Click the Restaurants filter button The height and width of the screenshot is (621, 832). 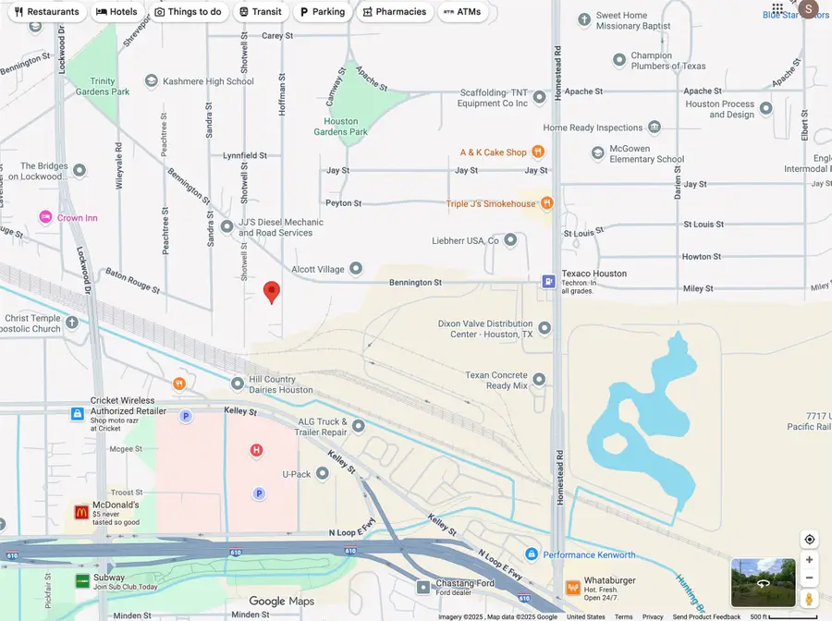click(46, 12)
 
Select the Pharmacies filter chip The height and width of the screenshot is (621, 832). click(395, 12)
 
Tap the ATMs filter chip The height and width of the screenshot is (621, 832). click(462, 12)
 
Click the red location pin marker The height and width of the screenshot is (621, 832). click(271, 292)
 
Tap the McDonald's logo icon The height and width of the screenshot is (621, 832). click(81, 511)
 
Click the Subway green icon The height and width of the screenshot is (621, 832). click(82, 581)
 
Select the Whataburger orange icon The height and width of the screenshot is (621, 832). click(572, 587)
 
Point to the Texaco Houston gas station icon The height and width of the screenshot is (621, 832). click(548, 280)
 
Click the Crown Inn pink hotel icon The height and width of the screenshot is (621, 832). click(45, 217)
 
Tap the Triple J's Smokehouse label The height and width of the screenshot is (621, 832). click(490, 203)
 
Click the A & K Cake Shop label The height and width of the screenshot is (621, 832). click(493, 152)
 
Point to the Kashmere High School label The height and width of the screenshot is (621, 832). click(208, 81)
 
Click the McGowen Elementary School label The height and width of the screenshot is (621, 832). click(646, 153)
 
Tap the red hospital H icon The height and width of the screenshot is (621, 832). click(257, 450)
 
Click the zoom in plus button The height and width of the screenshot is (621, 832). click(809, 560)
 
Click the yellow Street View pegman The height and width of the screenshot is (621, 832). click(809, 598)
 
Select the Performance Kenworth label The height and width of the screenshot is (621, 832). click(589, 554)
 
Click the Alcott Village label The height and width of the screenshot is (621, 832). click(318, 270)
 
